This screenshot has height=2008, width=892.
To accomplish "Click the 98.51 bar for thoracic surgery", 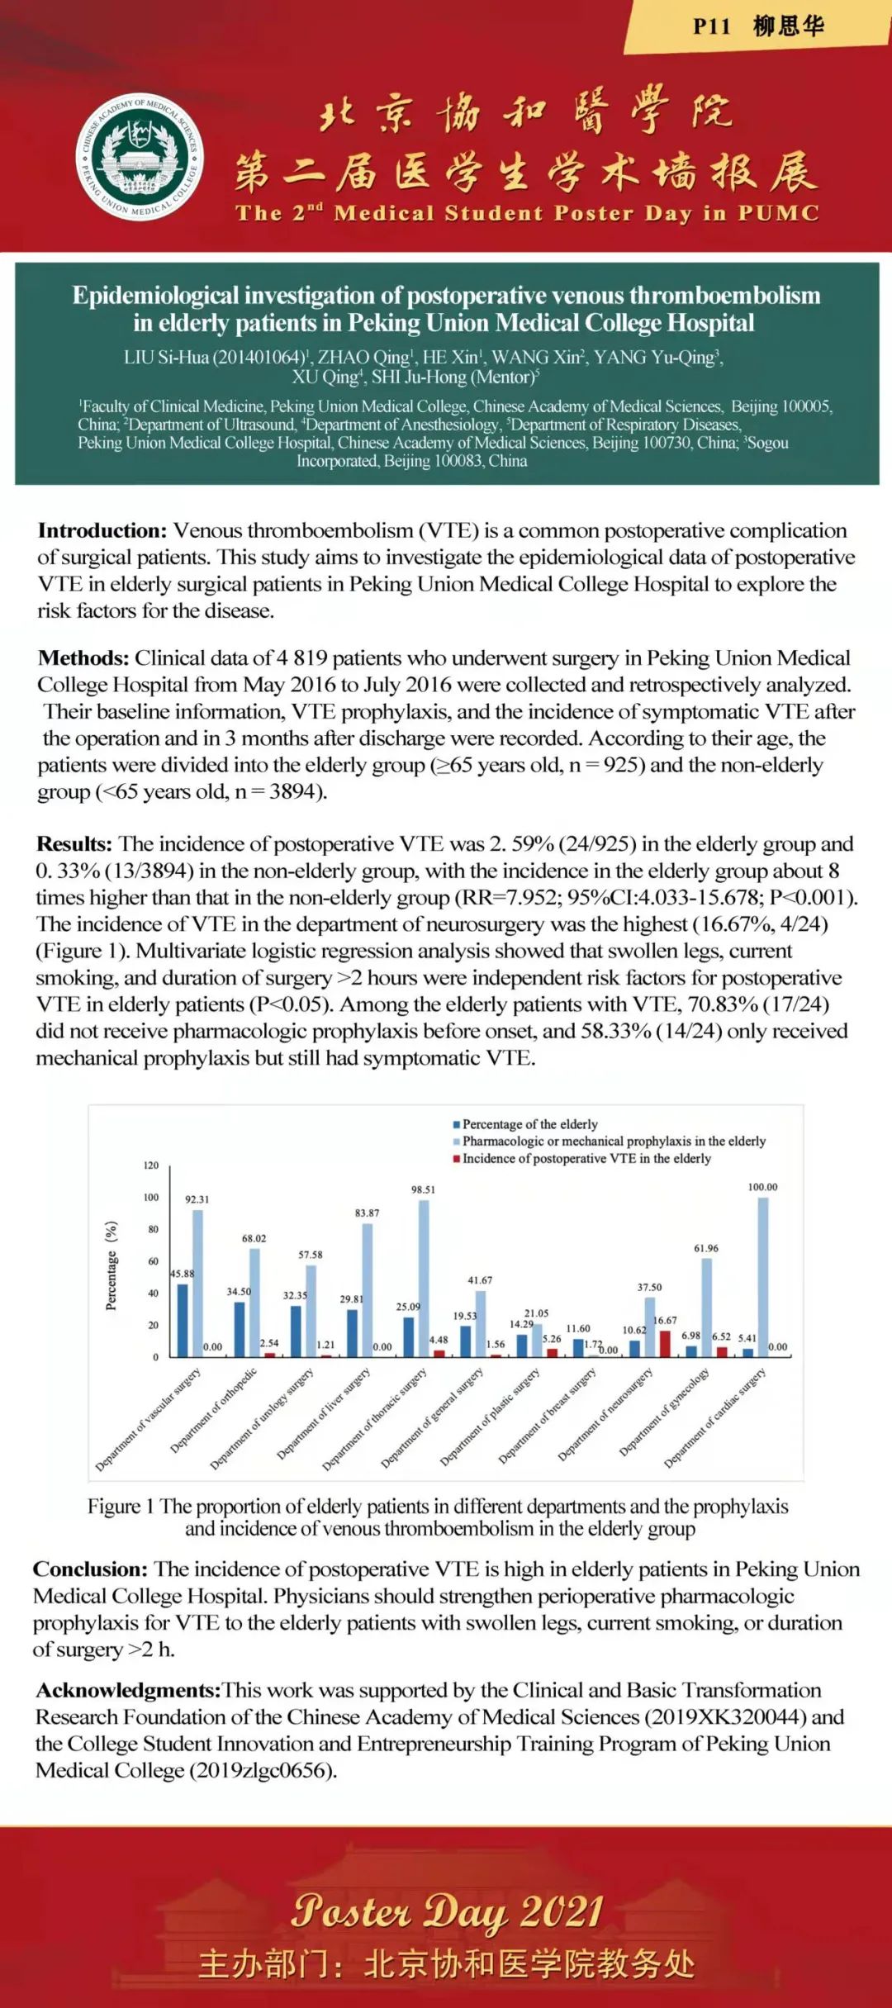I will click(x=424, y=1278).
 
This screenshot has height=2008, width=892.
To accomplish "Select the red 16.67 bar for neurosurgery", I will click(x=665, y=1343).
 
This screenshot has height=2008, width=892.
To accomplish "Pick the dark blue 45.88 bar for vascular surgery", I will click(x=183, y=1320).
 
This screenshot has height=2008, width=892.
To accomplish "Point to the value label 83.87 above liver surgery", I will click(x=367, y=1213).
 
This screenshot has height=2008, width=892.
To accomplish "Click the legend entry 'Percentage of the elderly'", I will click(x=529, y=1124).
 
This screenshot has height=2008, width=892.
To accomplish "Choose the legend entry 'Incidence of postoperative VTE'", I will click(x=586, y=1159).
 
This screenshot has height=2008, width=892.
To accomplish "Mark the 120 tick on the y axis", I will click(x=150, y=1165).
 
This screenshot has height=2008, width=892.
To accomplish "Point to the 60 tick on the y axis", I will click(x=153, y=1261).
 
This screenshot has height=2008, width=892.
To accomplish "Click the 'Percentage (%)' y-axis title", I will click(x=111, y=1265).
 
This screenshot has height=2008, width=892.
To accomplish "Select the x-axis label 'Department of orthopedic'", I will click(x=213, y=1411).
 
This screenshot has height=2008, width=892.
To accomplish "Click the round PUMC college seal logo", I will click(x=140, y=156).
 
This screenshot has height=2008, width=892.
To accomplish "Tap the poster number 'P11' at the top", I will click(x=711, y=26).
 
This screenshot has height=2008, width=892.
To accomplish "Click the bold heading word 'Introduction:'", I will click(x=102, y=530).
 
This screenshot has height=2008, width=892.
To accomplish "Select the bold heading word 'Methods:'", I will click(x=83, y=658).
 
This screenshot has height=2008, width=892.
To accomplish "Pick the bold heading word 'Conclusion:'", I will click(x=90, y=1569).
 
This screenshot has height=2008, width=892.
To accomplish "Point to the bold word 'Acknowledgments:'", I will click(x=128, y=1690).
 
